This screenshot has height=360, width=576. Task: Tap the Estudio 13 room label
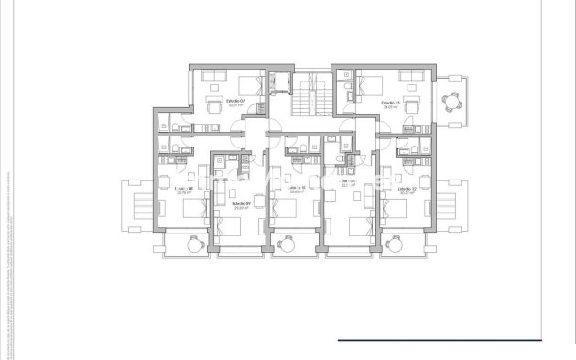pyautogui.click(x=391, y=102)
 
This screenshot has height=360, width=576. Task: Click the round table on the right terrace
pyautogui.click(x=450, y=101)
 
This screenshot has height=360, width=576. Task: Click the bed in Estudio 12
pyautogui.click(x=403, y=209)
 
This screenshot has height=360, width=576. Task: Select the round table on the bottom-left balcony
pyautogui.click(x=196, y=244)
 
